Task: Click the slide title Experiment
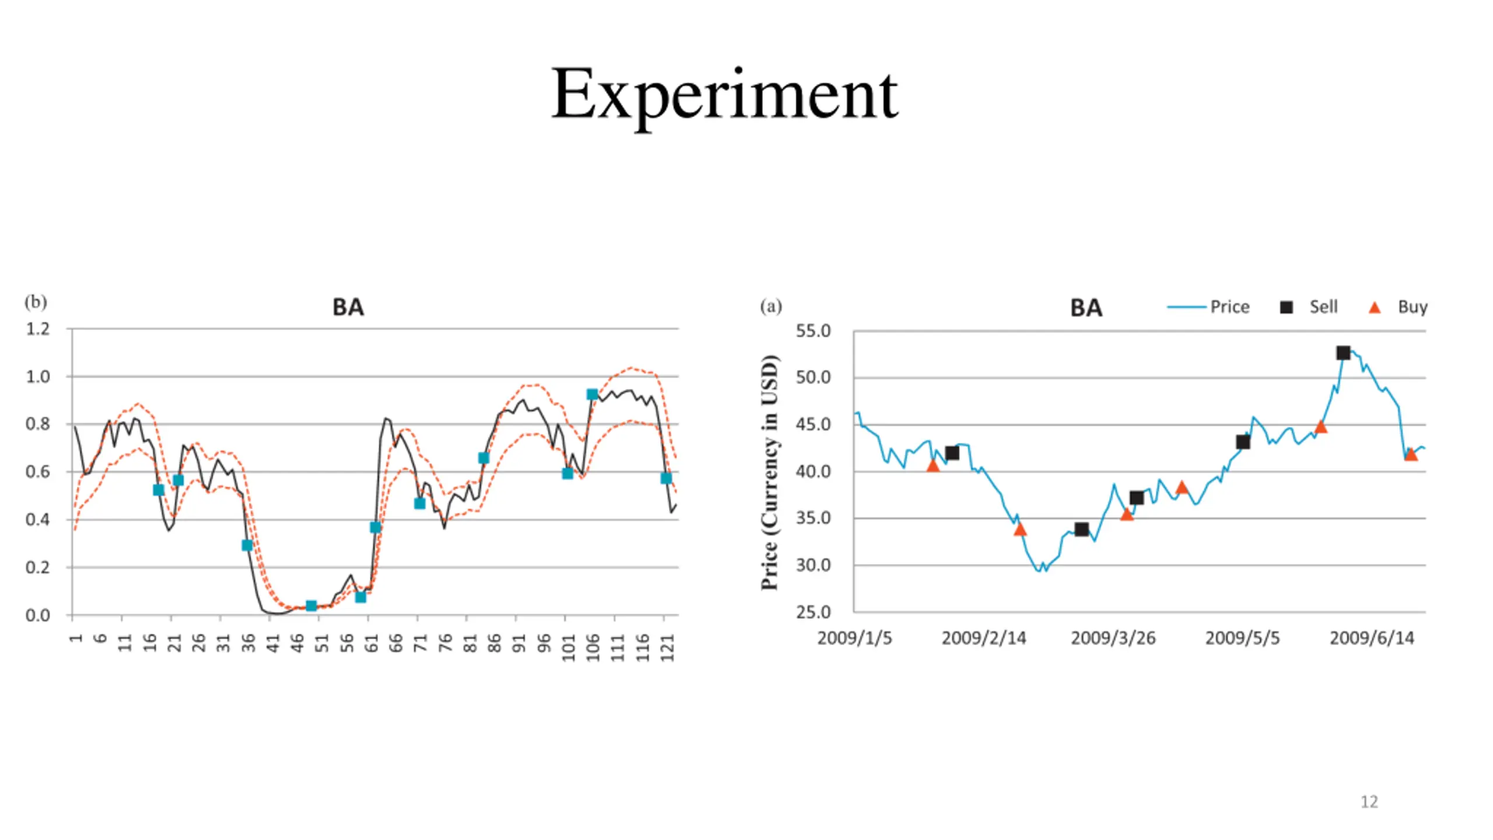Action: point(724,95)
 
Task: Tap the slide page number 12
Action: point(1369,802)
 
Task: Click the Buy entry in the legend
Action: point(1412,307)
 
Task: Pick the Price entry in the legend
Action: point(1229,307)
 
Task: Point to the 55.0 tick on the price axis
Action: point(813,331)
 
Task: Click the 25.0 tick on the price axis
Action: point(813,612)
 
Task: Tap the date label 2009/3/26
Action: point(1113,638)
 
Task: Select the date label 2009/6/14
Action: point(1372,638)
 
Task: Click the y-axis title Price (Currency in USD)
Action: point(770,472)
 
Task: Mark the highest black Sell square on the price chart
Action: point(1343,353)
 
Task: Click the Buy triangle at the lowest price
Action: point(1020,530)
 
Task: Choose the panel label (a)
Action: point(770,306)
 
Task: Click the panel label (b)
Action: point(36,302)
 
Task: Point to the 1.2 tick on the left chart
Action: point(38,329)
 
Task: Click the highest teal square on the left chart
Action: point(592,395)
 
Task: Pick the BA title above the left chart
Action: point(348,307)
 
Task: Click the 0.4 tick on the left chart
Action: point(38,519)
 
